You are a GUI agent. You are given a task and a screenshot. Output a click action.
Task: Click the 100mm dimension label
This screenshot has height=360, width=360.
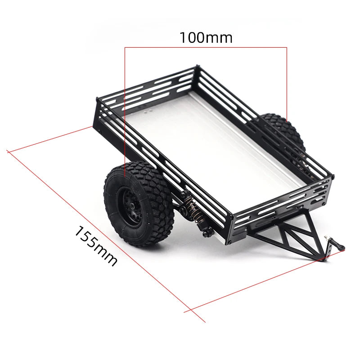(206, 38)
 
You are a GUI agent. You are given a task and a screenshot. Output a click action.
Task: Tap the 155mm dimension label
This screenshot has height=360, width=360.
(95, 247)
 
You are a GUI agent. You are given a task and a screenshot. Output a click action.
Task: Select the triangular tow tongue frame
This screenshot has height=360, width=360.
(288, 238)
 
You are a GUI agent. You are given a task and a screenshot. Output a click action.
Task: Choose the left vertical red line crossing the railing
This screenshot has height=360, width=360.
(125, 112)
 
